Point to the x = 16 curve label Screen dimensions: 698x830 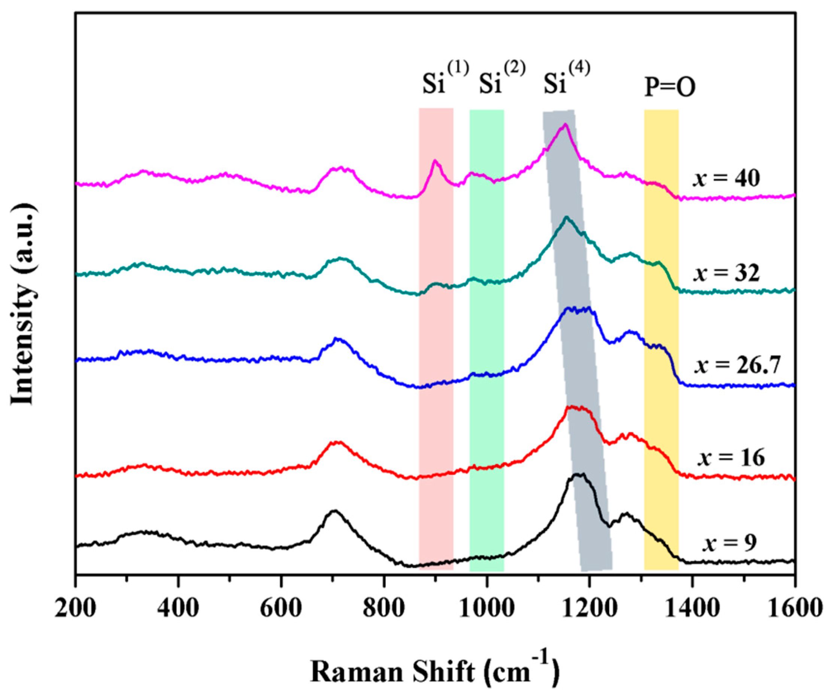[x=731, y=458]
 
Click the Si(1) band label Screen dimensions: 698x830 [x=445, y=81]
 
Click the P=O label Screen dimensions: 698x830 [x=670, y=87]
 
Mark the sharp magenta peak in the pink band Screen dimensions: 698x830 [x=435, y=161]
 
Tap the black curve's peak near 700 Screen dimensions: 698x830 [x=334, y=511]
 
